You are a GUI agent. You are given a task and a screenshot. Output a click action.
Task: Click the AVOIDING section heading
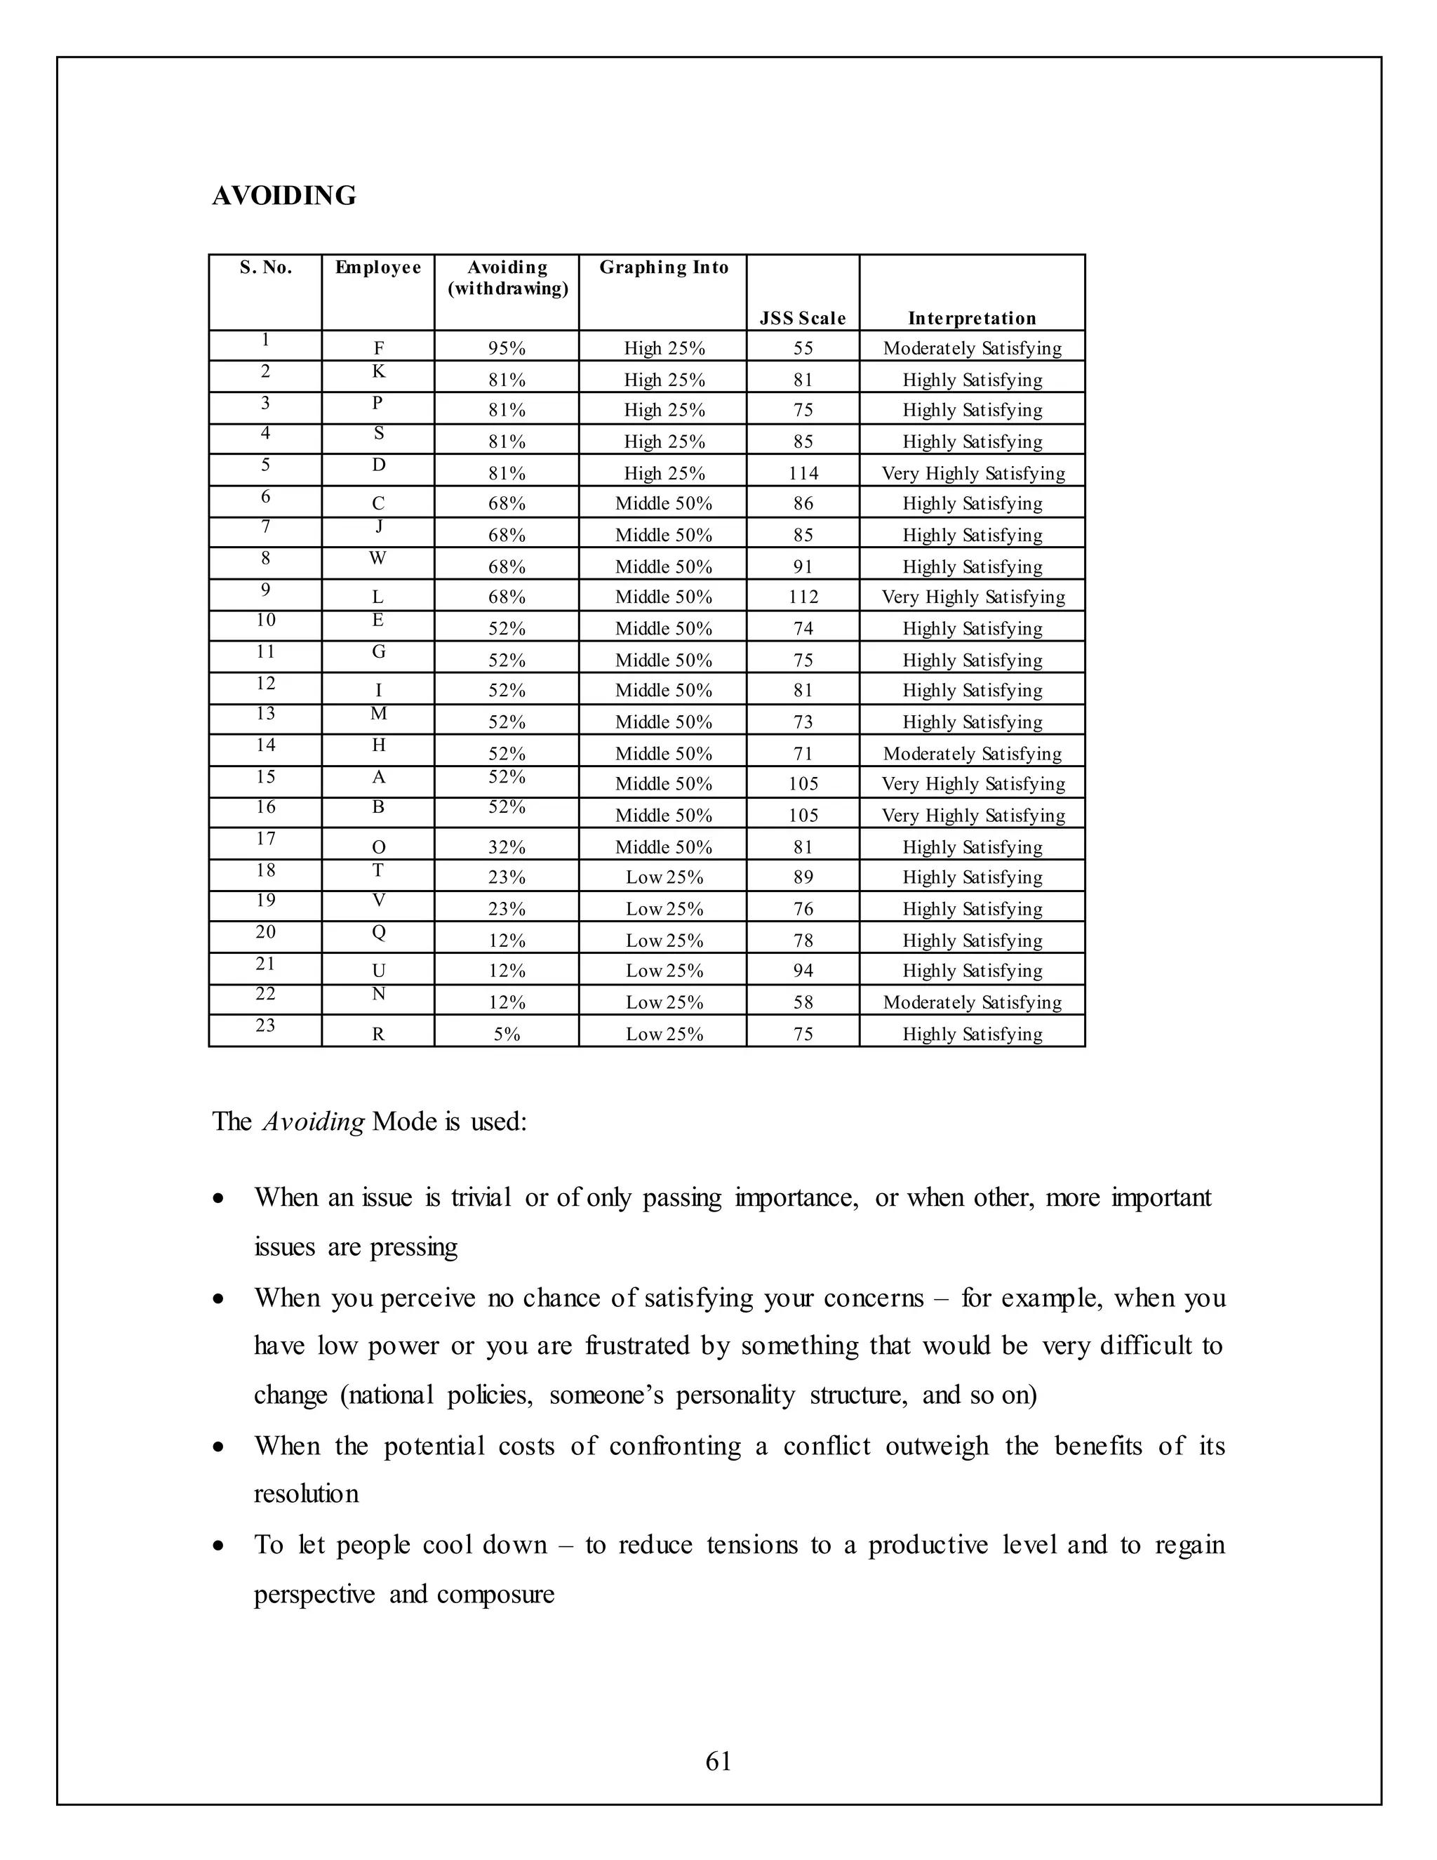point(283,196)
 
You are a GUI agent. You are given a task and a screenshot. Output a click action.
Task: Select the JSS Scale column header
point(802,319)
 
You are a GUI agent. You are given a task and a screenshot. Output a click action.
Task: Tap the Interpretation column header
point(971,319)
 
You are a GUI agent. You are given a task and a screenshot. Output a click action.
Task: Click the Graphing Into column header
point(663,267)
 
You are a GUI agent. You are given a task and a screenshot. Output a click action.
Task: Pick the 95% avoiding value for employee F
point(507,348)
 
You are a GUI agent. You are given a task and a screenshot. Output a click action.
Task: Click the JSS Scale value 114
point(803,474)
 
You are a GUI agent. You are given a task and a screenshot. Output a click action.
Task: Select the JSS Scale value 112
point(803,597)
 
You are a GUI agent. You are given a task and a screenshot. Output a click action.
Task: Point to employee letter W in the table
point(378,559)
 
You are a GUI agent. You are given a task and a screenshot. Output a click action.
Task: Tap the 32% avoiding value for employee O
point(507,847)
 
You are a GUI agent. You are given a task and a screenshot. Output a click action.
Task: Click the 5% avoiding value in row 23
point(507,1035)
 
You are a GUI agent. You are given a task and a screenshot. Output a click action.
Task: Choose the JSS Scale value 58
point(803,1002)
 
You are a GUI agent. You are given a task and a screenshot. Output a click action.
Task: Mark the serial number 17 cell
point(266,839)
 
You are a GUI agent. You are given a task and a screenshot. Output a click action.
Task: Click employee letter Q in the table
point(379,933)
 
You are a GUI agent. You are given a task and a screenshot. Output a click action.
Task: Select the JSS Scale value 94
point(803,971)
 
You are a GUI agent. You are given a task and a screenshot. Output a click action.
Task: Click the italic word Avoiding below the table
point(313,1122)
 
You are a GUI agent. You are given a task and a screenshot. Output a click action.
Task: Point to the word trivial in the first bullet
point(481,1198)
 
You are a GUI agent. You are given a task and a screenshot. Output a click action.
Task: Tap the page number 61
point(718,1761)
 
